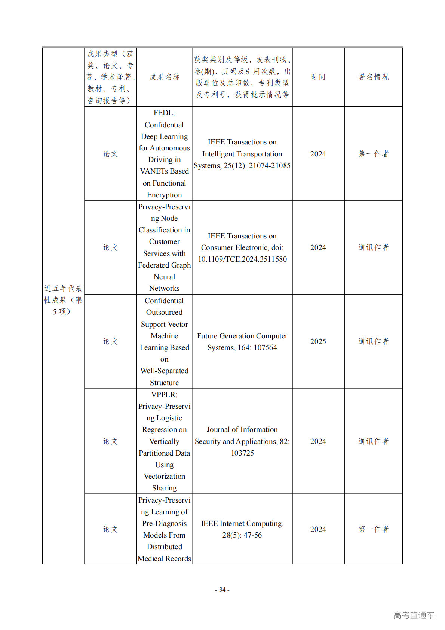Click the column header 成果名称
click(165, 77)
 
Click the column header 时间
click(318, 77)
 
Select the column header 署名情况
click(373, 77)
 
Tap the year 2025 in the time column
click(318, 341)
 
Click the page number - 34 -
click(222, 590)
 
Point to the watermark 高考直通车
click(414, 615)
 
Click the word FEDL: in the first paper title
click(164, 113)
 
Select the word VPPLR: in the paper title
click(164, 395)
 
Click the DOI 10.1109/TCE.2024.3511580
click(242, 259)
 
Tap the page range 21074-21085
click(270, 165)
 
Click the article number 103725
click(242, 453)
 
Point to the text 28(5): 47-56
click(242, 535)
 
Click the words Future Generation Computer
click(242, 336)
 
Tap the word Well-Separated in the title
click(164, 371)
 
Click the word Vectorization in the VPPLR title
click(164, 476)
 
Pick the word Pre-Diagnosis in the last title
click(164, 523)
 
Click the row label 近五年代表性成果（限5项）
click(63, 300)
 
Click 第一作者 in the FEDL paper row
click(373, 154)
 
